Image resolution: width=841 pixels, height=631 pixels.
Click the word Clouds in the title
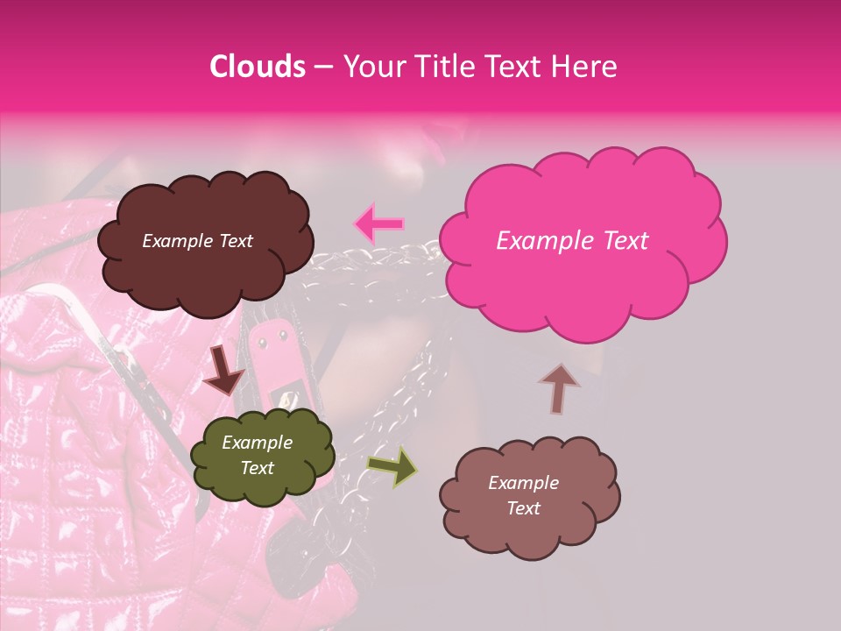coord(258,67)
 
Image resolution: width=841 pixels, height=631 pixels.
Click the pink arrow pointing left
coord(378,223)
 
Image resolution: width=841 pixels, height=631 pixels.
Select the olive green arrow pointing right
coord(392,465)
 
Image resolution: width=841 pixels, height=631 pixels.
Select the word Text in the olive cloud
coord(257,468)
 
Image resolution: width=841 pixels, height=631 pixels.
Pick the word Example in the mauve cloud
coord(523,483)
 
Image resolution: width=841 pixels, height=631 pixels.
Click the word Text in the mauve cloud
coord(523,508)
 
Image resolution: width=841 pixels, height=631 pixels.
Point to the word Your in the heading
coord(368,67)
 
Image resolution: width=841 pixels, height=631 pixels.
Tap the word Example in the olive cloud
coord(257,443)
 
